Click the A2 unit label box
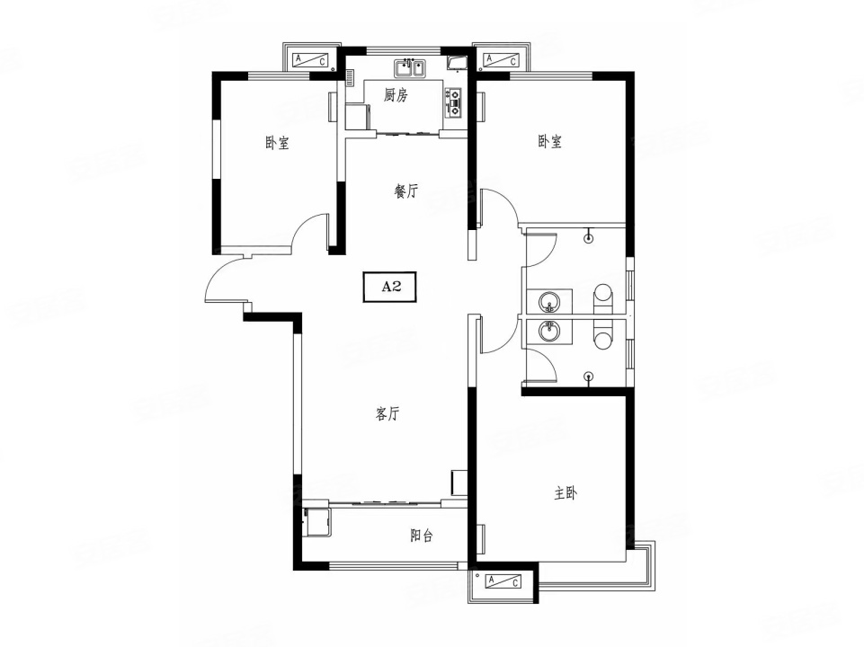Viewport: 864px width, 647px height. (x=390, y=287)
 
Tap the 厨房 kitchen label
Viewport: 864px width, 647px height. (x=396, y=96)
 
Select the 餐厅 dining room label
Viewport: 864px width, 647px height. (x=406, y=191)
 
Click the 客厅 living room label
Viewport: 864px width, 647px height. (x=387, y=414)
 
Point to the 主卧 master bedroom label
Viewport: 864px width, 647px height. (x=566, y=493)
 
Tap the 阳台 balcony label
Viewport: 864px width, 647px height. (x=422, y=536)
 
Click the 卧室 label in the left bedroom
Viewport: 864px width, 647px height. (x=277, y=144)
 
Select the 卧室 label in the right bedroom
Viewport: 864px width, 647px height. (x=550, y=142)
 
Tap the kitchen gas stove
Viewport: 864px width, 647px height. (x=455, y=102)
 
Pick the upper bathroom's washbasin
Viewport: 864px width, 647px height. (x=548, y=302)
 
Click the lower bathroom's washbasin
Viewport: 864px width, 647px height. (x=548, y=332)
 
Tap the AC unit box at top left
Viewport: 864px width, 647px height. (x=311, y=59)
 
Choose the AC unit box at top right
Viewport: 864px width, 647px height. (x=501, y=59)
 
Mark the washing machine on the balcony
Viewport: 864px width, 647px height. (x=316, y=521)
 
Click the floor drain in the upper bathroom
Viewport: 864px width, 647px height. (x=589, y=238)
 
